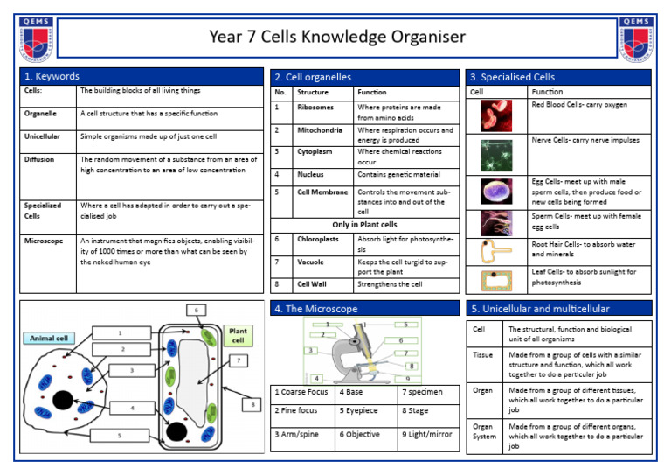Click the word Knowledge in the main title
331,37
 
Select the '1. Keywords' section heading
52,77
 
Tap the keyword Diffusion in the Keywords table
39,160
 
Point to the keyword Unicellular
41,137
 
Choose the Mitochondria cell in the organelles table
321,130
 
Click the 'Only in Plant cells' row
363,225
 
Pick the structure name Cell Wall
313,284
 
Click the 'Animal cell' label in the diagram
49,338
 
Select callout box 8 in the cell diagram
253,405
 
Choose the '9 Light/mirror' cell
427,434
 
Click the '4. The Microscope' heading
315,309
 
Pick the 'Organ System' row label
483,432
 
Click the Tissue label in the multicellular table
482,355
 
